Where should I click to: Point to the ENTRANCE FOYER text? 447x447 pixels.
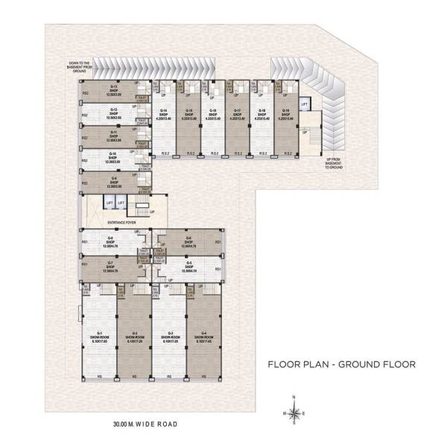pyautogui.click(x=121, y=221)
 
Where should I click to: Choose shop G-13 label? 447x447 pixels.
pyautogui.click(x=114, y=91)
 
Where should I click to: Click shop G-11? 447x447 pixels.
pyautogui.click(x=114, y=136)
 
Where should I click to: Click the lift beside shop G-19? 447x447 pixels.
pyautogui.click(x=304, y=104)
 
